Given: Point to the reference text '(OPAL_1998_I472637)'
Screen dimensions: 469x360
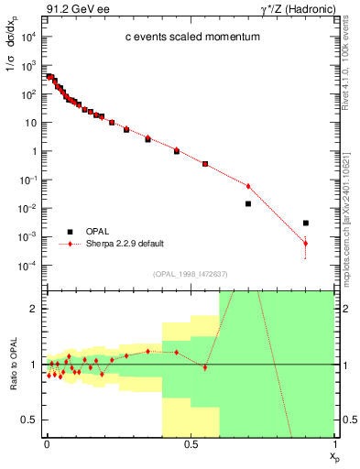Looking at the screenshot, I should [x=191, y=275].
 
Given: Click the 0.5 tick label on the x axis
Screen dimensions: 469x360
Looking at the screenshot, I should [x=191, y=445].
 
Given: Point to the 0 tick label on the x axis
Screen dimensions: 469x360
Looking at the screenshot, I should [x=47, y=445].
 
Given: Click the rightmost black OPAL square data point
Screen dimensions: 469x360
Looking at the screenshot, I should [x=306, y=223].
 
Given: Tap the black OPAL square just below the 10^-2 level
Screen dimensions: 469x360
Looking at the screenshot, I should [x=248, y=203].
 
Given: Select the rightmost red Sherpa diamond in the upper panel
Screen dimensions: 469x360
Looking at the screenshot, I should [x=306, y=243].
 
